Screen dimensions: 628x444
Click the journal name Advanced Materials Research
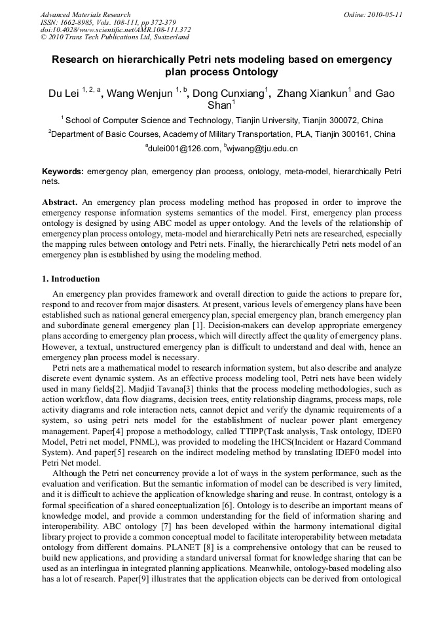(85, 14)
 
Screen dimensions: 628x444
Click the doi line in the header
(115, 29)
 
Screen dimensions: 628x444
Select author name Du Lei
(64, 94)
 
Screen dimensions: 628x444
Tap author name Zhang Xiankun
(312, 94)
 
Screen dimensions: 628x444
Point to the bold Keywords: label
(63, 172)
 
